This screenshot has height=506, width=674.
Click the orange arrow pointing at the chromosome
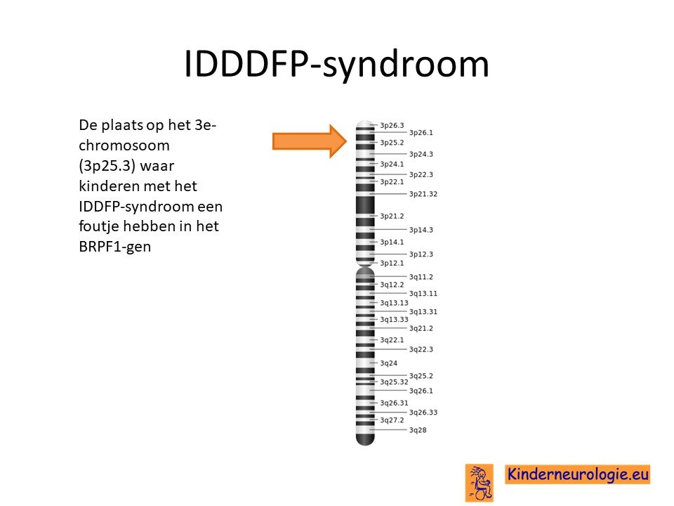pos(310,141)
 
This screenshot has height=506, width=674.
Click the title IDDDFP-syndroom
pos(336,65)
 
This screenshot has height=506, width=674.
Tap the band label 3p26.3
pos(392,125)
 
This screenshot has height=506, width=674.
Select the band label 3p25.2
pos(392,143)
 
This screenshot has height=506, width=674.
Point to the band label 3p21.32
pos(423,194)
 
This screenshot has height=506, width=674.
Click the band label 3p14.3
pos(421,230)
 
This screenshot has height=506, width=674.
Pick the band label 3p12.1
pos(392,263)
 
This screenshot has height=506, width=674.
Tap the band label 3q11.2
pos(421,277)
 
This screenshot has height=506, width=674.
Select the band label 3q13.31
pos(423,311)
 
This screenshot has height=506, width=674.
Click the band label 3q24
pos(388,363)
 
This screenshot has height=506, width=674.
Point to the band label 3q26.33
pos(423,413)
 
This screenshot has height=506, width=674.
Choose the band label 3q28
pos(417,430)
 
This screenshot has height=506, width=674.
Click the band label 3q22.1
pos(392,340)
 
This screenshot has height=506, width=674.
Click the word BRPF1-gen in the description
pos(114,247)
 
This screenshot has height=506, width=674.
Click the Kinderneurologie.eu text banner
pos(577,474)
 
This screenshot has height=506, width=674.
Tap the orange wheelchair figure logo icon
pos(480,482)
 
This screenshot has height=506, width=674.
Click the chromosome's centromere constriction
pos(365,266)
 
